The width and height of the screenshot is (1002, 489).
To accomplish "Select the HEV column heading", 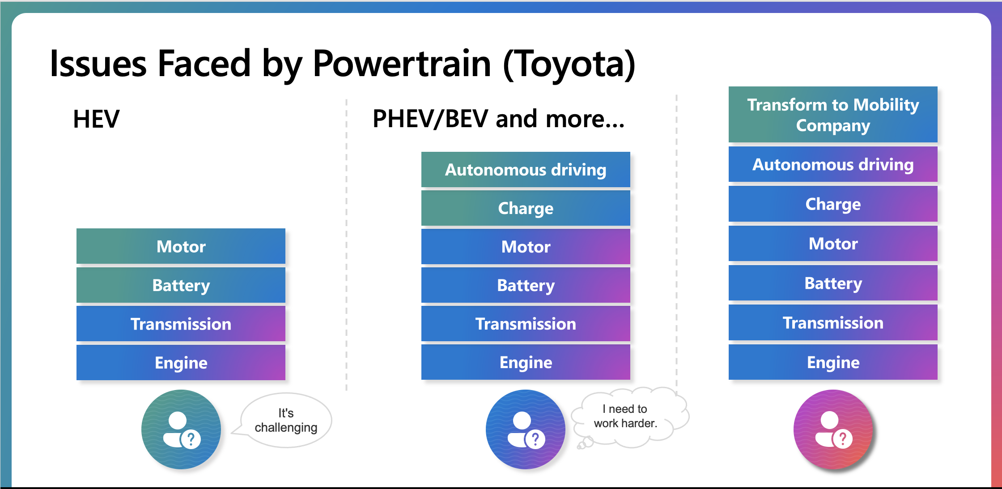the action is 96,119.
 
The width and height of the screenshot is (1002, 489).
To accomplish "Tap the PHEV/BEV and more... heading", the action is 498,119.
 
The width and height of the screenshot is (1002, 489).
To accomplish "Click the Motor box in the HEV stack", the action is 181,246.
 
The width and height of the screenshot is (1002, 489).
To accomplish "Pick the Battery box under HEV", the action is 181,285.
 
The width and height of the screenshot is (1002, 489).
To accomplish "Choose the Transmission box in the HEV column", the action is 181,324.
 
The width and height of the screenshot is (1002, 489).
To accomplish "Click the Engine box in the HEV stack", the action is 181,362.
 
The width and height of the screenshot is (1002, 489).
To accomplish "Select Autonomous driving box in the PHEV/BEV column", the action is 526,169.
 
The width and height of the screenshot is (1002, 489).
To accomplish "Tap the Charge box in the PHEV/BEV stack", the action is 526,208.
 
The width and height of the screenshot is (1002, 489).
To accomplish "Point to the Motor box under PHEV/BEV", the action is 526,246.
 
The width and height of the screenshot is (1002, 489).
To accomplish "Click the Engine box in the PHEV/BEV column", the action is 526,362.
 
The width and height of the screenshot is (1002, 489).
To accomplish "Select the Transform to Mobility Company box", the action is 833,115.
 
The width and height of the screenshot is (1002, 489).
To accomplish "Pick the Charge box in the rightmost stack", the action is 833,204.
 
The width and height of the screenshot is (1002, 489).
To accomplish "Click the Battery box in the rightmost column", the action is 833,283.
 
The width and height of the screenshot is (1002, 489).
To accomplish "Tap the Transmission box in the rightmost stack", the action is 833,322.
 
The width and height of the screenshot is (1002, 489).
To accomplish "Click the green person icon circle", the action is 181,429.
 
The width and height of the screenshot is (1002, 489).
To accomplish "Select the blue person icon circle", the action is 526,429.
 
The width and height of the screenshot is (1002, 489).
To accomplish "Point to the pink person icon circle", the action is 833,429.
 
